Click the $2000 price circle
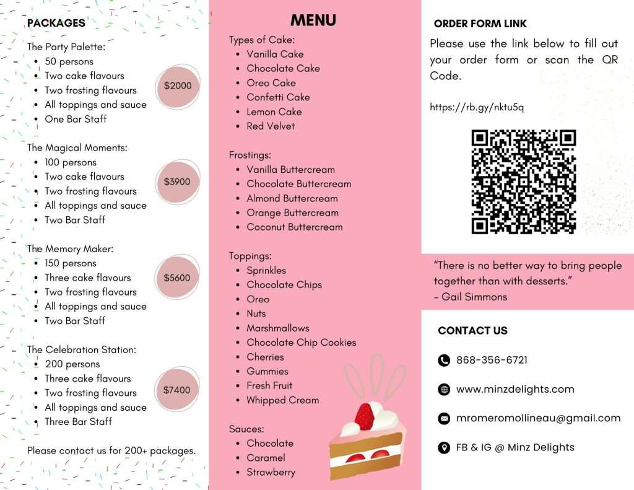(x=178, y=85)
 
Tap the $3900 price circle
(x=178, y=182)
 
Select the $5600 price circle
(x=178, y=278)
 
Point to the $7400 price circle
(x=178, y=390)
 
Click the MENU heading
(x=313, y=20)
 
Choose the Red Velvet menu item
(x=271, y=126)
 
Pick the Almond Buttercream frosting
(x=292, y=198)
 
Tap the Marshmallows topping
(x=277, y=328)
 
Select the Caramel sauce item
(x=266, y=458)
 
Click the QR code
(x=524, y=182)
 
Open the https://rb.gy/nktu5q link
(x=477, y=107)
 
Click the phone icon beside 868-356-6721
(x=444, y=361)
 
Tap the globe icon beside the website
(x=444, y=390)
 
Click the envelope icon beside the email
(x=444, y=419)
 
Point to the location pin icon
(x=444, y=448)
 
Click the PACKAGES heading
(x=56, y=23)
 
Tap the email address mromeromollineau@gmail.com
(x=538, y=418)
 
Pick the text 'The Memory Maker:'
(x=71, y=249)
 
